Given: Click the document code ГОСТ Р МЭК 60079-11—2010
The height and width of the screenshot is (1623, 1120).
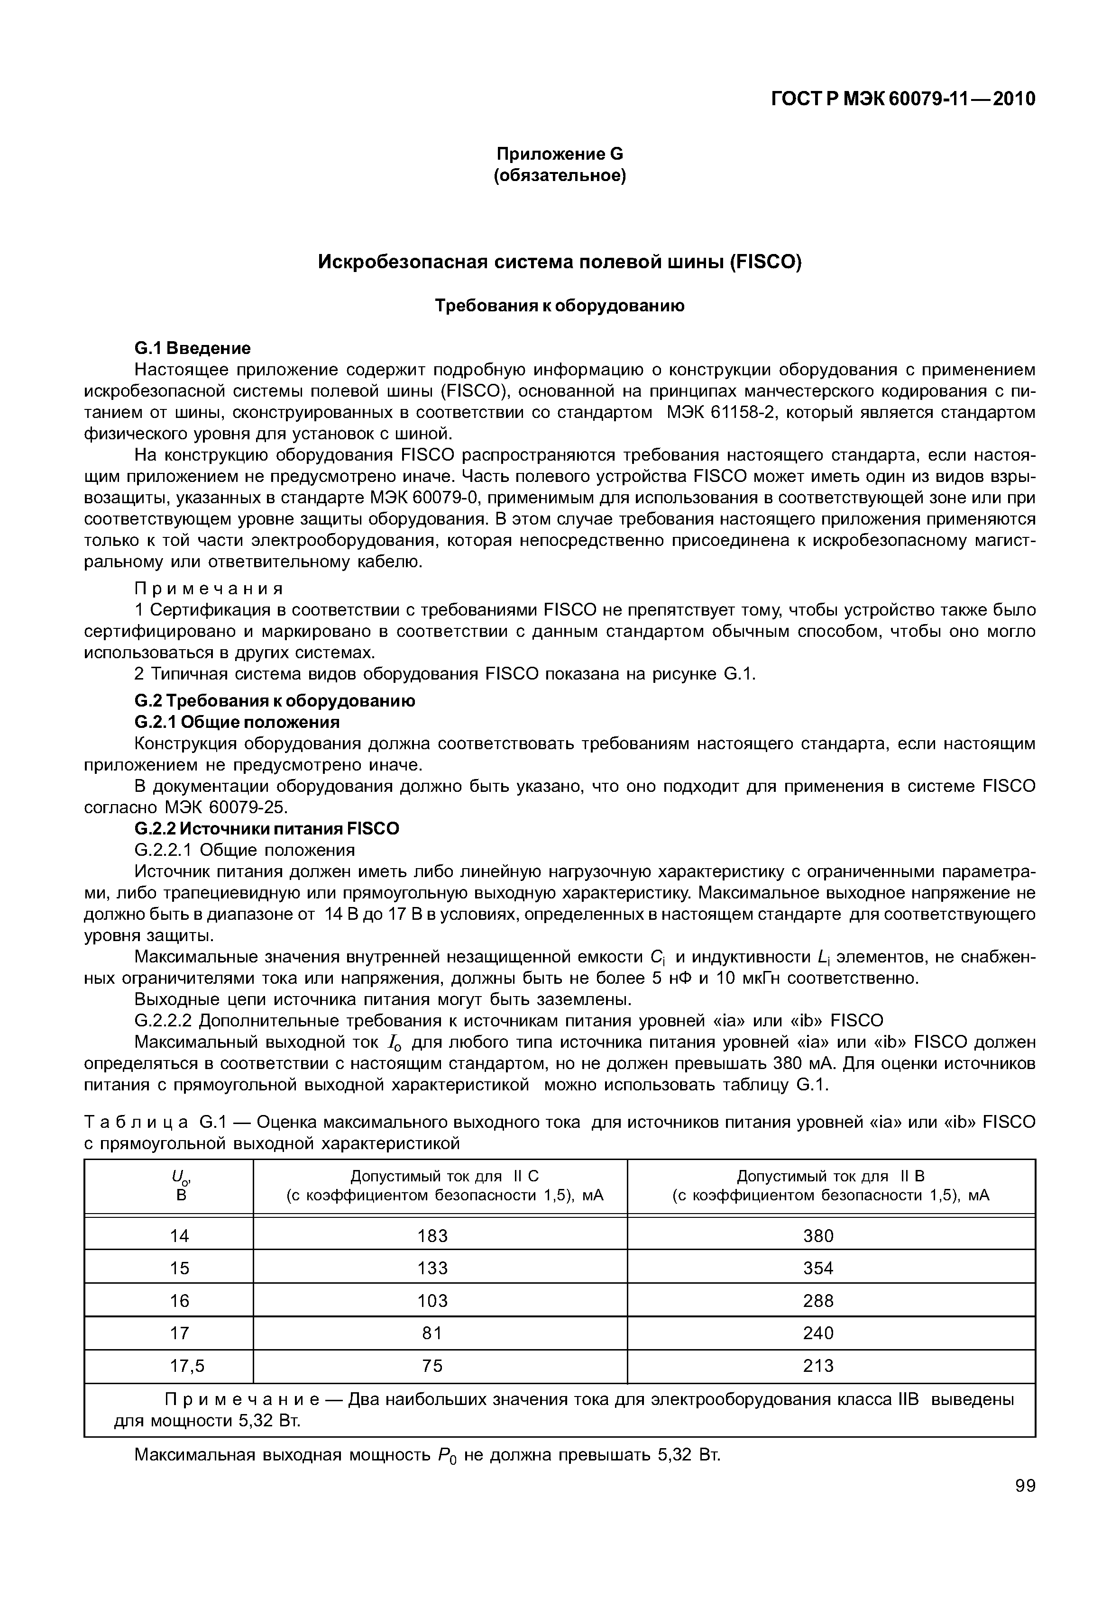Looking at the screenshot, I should click(x=903, y=99).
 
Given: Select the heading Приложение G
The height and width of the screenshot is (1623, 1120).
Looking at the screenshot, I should click(x=560, y=154).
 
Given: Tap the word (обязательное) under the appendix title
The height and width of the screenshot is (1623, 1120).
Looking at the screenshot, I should click(x=560, y=175).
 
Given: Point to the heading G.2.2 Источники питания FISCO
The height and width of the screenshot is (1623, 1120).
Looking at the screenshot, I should click(x=266, y=828).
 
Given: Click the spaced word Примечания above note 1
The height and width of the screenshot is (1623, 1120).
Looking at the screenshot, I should click(x=209, y=588).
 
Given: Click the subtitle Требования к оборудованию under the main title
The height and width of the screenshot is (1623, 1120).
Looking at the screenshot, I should click(x=560, y=306).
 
